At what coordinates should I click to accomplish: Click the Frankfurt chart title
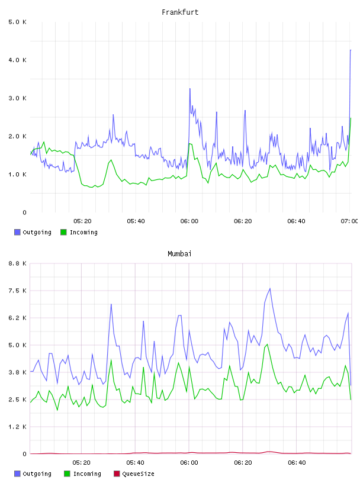coord(180,12)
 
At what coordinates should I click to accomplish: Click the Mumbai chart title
coord(179,254)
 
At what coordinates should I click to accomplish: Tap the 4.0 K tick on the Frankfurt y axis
coord(18,60)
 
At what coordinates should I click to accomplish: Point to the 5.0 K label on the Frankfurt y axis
coord(18,22)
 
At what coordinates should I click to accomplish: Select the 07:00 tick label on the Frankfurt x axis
coord(349,221)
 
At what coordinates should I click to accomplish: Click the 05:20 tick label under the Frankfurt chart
coord(82,221)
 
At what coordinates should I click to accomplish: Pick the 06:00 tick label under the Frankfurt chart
coord(189,221)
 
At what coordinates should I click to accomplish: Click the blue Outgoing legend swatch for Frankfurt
coord(17,232)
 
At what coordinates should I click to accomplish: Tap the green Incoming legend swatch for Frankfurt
coord(63,232)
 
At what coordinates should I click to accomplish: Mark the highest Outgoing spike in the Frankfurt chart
coord(351,50)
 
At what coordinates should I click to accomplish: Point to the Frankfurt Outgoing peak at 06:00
coord(190,89)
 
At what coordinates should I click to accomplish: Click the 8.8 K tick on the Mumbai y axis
coord(18,263)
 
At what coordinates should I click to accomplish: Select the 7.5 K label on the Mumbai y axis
coord(18,291)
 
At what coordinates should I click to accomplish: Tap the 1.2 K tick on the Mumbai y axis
coord(18,427)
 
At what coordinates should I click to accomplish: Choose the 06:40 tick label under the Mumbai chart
coord(297,462)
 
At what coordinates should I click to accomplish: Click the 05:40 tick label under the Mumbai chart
coord(136,462)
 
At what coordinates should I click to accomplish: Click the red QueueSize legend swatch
coord(117,474)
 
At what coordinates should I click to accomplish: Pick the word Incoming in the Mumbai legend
coord(87,474)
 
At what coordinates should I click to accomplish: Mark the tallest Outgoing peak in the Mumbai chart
coord(270,289)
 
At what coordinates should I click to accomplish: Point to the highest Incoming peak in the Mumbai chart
coord(267,344)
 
